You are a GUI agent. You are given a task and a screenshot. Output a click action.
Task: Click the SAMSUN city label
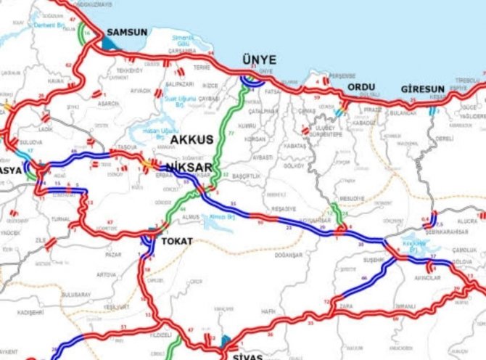pyautogui.click(x=127, y=33)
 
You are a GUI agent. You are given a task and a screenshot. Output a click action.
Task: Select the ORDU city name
pyautogui.click(x=361, y=87)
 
